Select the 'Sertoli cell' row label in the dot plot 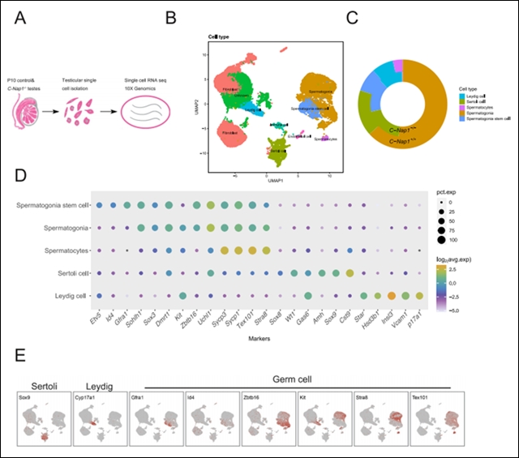(x=68, y=273)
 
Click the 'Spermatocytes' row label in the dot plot (x=65, y=250)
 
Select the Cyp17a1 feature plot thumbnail (x=97, y=420)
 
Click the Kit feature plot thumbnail (x=322, y=420)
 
